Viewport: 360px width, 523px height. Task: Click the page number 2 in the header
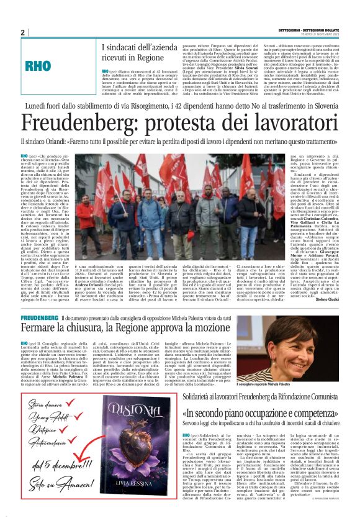click(x=23, y=33)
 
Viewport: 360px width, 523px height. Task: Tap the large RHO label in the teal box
click(x=54, y=66)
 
